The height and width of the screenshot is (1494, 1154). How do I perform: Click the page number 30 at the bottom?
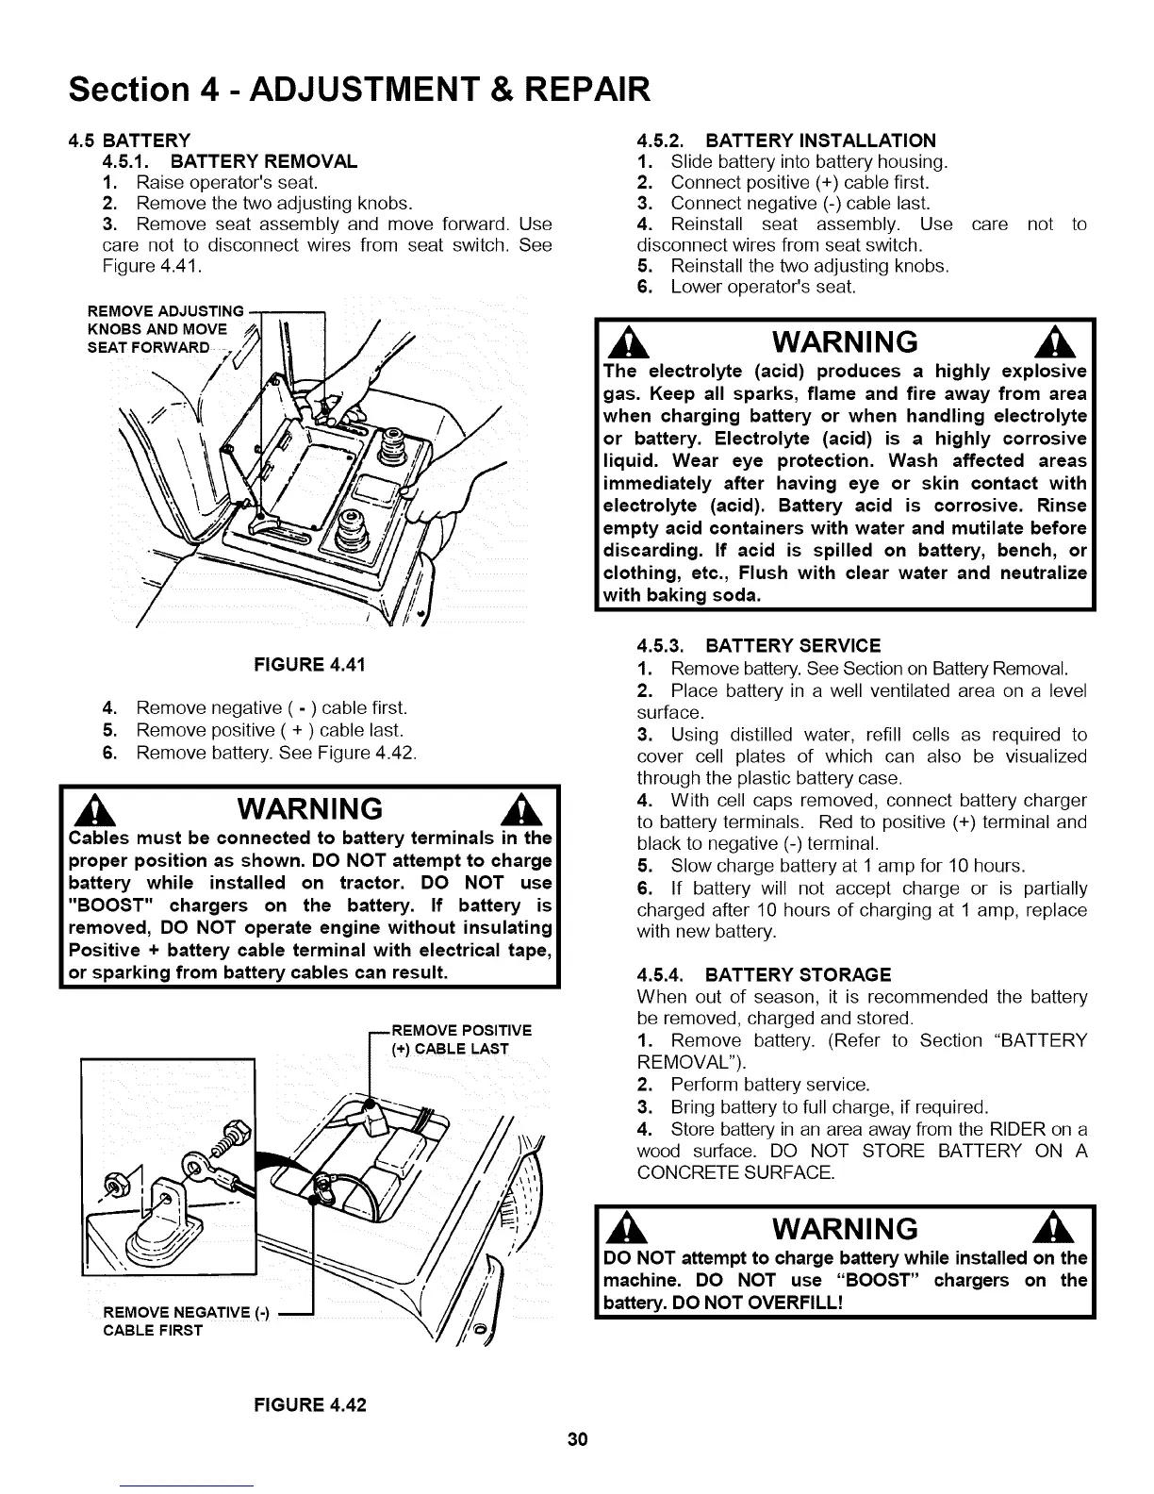click(577, 1438)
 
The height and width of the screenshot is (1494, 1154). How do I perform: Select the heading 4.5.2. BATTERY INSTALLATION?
click(786, 141)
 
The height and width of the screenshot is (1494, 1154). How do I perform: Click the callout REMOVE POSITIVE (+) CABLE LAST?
click(460, 1038)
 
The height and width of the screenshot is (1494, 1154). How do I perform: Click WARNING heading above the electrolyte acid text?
click(843, 341)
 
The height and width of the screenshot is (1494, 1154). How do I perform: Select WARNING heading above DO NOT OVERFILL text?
click(843, 1229)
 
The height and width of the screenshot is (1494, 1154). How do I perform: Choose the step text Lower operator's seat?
click(762, 287)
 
